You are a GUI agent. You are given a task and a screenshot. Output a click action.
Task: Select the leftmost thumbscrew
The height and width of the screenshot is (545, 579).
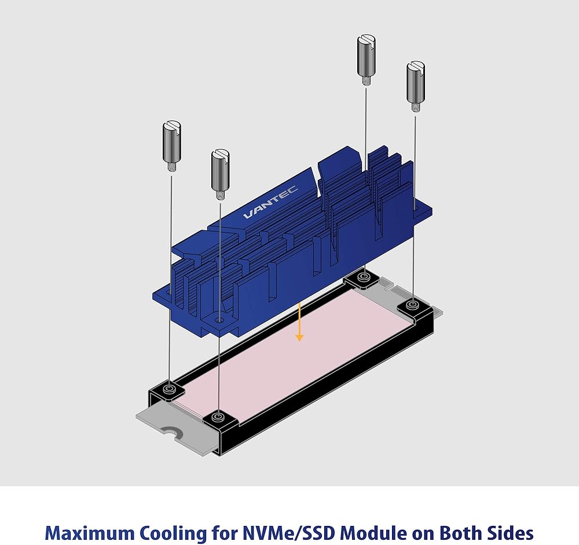(x=171, y=146)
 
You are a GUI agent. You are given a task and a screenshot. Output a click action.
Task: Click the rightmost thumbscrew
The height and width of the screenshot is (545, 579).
(x=416, y=87)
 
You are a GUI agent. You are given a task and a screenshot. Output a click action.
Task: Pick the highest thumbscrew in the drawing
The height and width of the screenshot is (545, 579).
(x=367, y=60)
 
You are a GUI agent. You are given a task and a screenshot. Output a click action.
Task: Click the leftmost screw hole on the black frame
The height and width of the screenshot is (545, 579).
(x=170, y=389)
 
